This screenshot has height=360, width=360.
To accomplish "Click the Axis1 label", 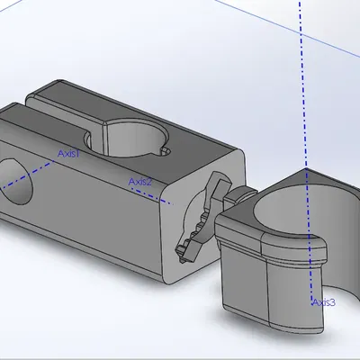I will (x=69, y=154).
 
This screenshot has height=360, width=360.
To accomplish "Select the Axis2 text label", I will (x=139, y=182).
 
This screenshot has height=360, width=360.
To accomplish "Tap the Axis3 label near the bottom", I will (x=324, y=302).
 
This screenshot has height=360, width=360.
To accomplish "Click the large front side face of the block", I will (x=81, y=216).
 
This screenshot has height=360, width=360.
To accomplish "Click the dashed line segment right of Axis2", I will (x=162, y=200).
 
